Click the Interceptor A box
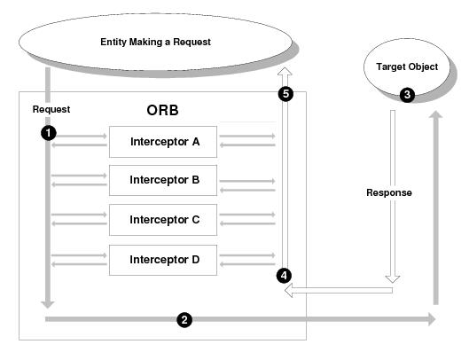(x=163, y=142)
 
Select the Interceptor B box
(x=163, y=180)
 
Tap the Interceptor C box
(x=163, y=220)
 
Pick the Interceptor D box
(x=163, y=260)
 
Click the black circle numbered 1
(x=49, y=133)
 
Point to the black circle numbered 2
(x=184, y=319)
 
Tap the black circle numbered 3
(x=407, y=95)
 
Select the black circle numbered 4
(x=284, y=276)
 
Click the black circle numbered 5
(x=285, y=94)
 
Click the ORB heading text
(x=163, y=110)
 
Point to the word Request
(x=51, y=109)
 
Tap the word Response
(x=389, y=192)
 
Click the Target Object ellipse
(x=407, y=67)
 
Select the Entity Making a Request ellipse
(x=155, y=42)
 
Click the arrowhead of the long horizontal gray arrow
(x=432, y=319)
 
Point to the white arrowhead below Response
(x=393, y=279)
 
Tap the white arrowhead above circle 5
(x=285, y=71)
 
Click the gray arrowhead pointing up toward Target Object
(x=436, y=114)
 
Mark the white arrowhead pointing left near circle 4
(x=288, y=290)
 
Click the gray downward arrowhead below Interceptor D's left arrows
(x=48, y=305)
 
